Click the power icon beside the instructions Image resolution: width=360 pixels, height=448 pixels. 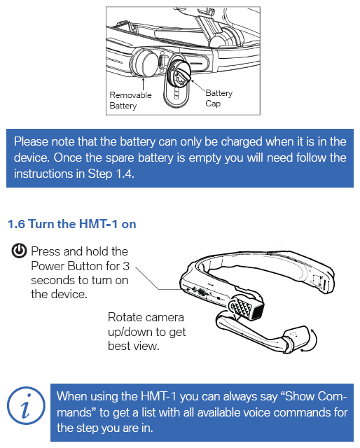pyautogui.click(x=19, y=251)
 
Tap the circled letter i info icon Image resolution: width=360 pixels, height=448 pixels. pyautogui.click(x=26, y=405)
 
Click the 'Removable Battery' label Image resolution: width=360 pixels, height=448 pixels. pyautogui.click(x=130, y=100)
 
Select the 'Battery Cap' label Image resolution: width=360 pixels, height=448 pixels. pyautogui.click(x=219, y=98)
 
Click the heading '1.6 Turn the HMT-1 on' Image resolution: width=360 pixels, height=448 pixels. pyautogui.click(x=71, y=224)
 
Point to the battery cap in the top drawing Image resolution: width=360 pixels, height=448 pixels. pyautogui.click(x=179, y=73)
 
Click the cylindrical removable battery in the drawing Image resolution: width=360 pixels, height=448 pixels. pyautogui.click(x=144, y=62)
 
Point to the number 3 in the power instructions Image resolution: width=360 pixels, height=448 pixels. pyautogui.click(x=126, y=266)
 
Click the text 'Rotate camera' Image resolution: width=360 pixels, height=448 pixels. pyautogui.click(x=146, y=317)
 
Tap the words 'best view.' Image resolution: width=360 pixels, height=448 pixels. pyautogui.click(x=133, y=346)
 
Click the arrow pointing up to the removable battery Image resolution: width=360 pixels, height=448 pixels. pyautogui.click(x=144, y=83)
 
